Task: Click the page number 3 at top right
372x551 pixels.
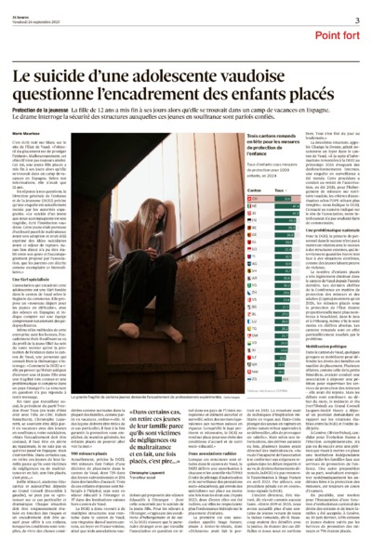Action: click(x=356, y=20)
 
